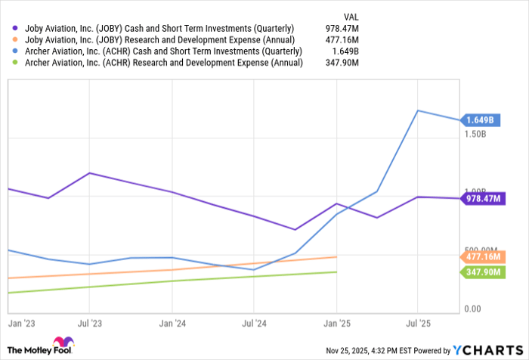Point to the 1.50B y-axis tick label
tap(475, 134)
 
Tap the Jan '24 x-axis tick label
tap(172, 323)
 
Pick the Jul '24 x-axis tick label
tap(255, 323)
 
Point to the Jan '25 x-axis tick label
tap(337, 323)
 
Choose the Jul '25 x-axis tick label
tap(419, 323)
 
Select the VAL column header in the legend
tap(351, 16)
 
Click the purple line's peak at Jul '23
tap(90, 173)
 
